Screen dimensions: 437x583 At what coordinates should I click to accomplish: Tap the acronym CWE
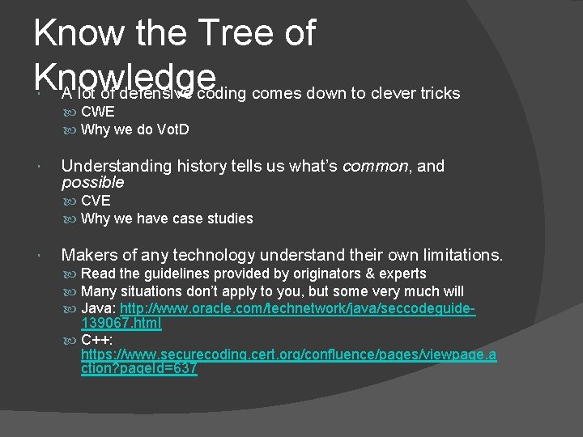(x=98, y=112)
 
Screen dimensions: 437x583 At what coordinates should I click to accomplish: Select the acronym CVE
(x=96, y=201)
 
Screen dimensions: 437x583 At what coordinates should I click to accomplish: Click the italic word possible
(x=92, y=183)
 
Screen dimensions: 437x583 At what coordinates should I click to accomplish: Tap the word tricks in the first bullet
(x=440, y=94)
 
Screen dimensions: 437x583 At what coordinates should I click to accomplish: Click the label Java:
(x=99, y=309)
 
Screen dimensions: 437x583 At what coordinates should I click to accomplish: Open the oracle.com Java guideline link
(x=296, y=309)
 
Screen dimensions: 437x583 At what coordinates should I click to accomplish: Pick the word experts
(x=403, y=274)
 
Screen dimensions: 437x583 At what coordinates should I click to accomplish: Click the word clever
(x=391, y=94)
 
